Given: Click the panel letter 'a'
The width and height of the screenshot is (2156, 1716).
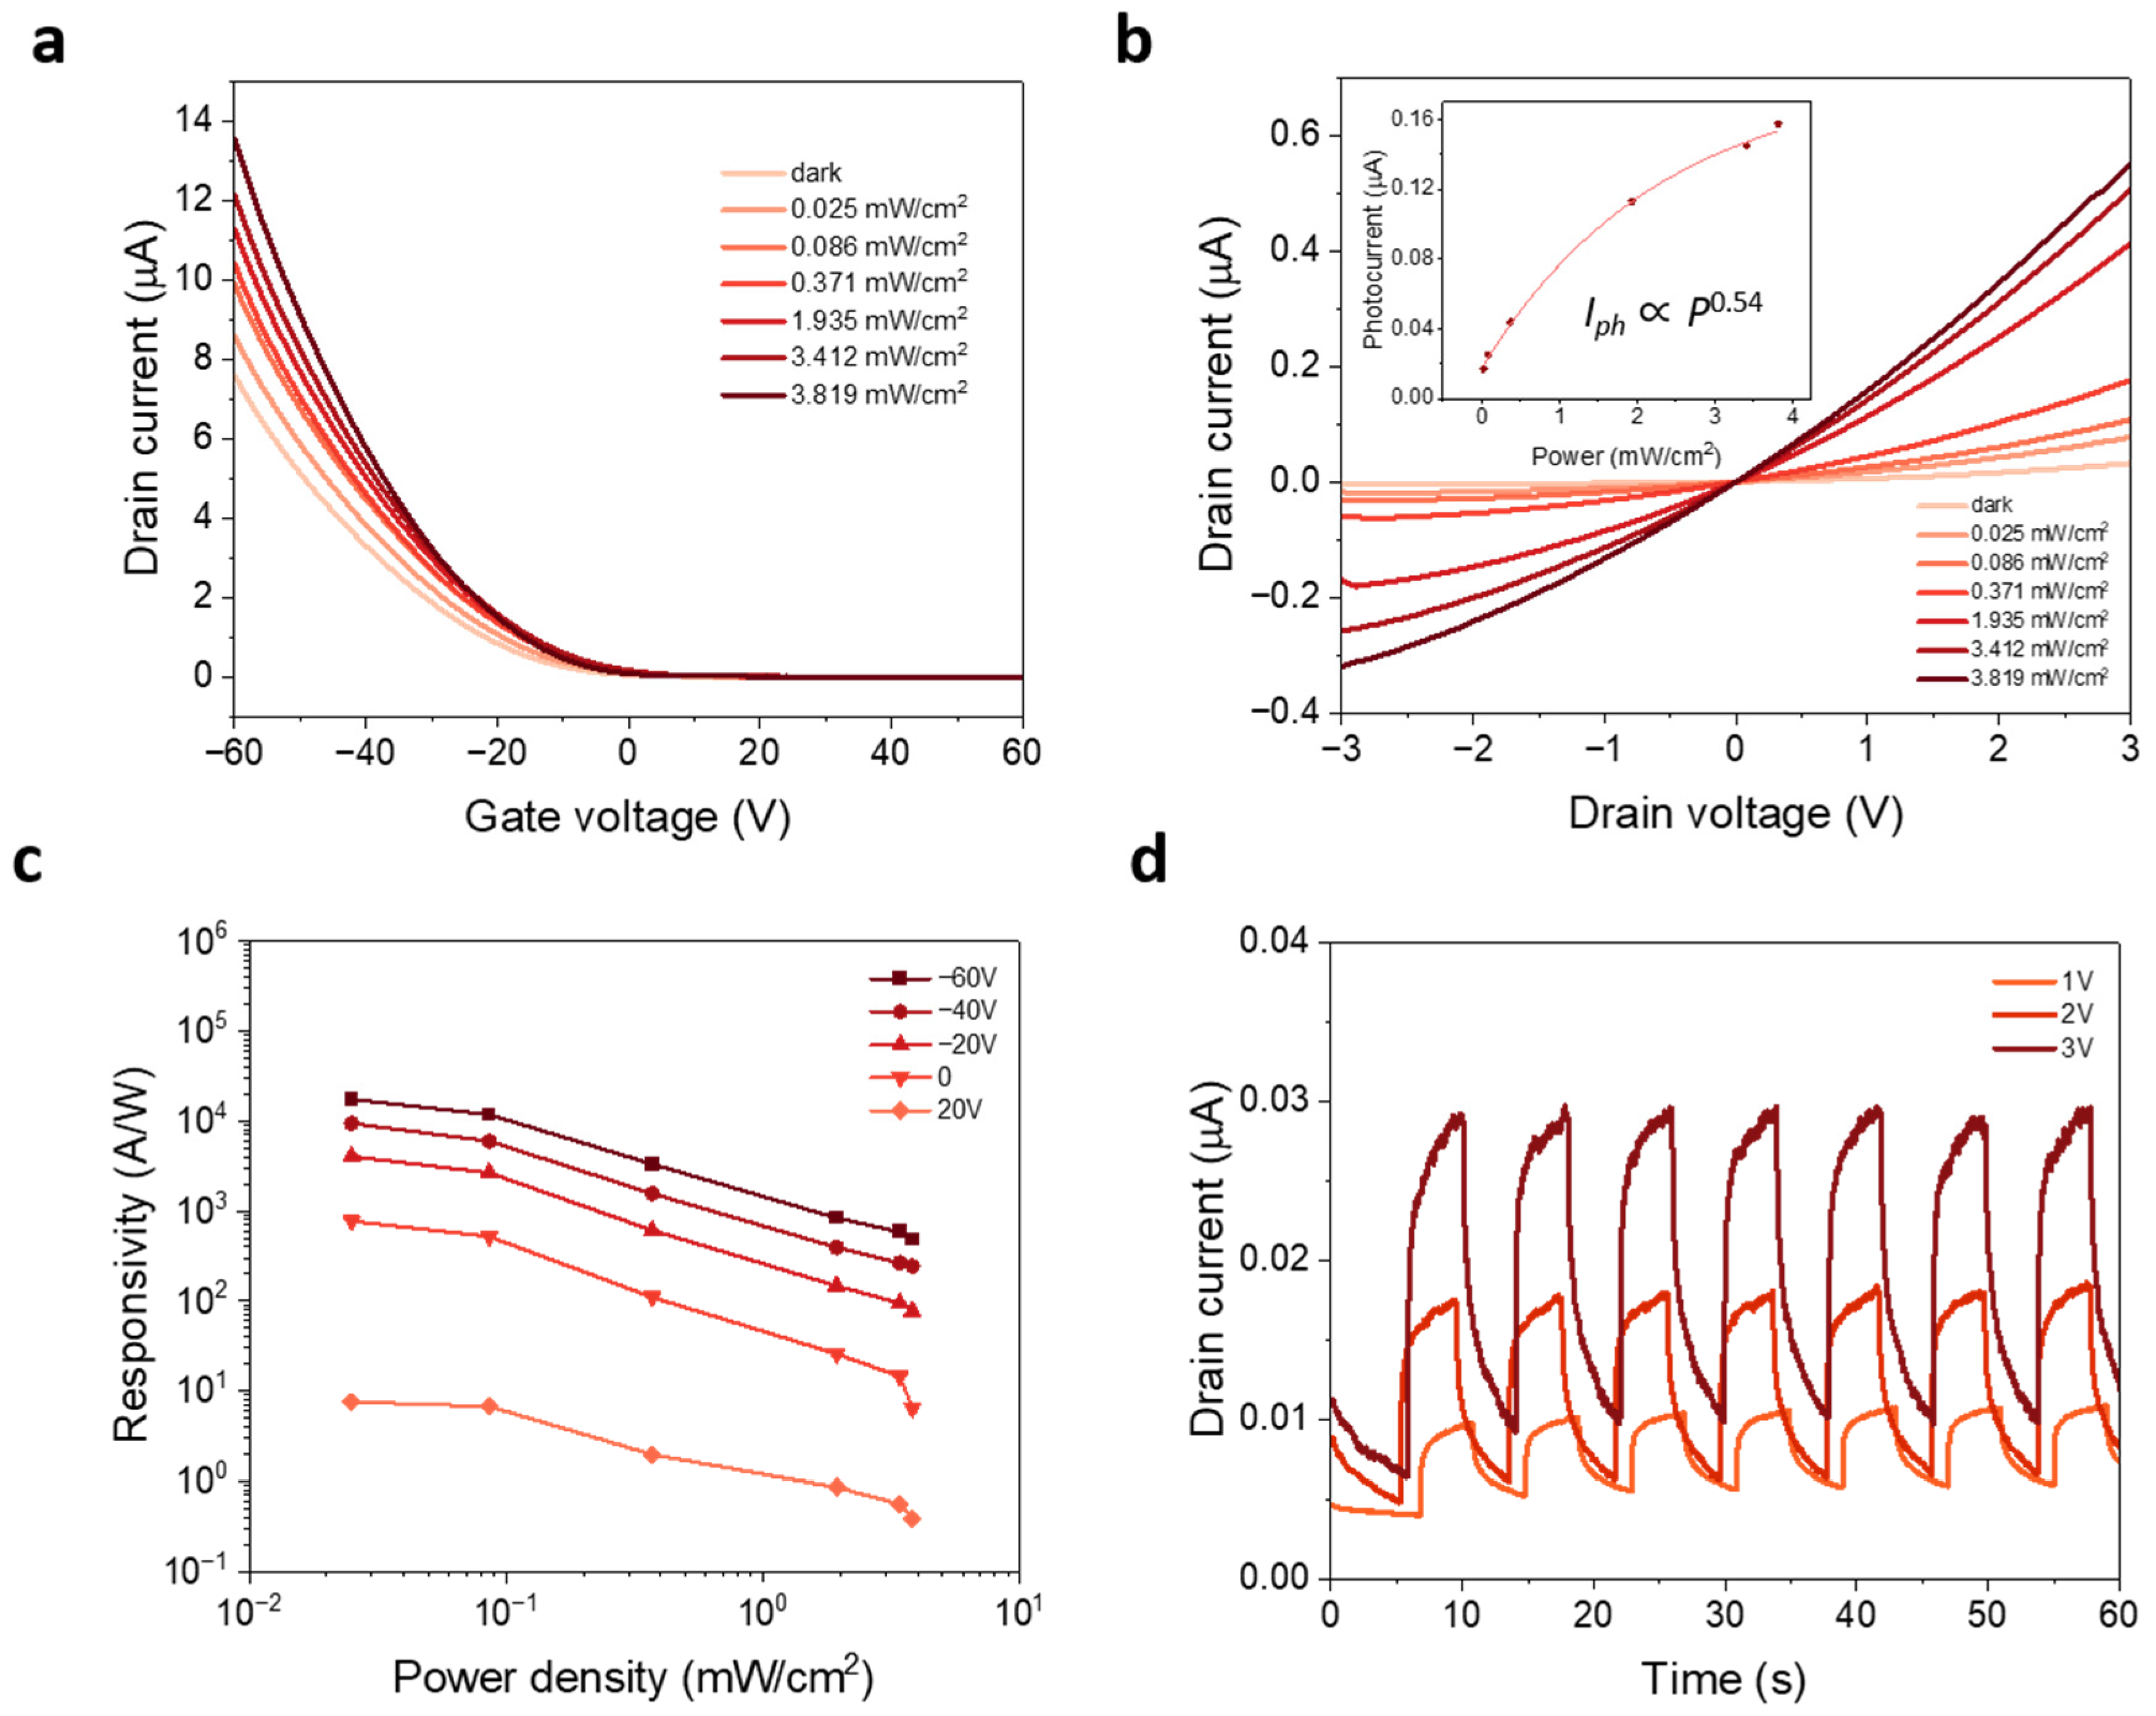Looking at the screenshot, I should pos(48,45).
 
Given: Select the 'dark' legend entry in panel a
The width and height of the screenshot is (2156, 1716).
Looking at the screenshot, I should pos(815,173).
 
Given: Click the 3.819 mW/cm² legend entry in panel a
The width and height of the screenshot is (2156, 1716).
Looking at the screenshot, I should pos(878,394).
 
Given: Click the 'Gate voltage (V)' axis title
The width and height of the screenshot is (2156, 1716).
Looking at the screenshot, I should pos(627,817).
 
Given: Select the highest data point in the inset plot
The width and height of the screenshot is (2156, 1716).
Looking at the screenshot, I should pos(1778,124).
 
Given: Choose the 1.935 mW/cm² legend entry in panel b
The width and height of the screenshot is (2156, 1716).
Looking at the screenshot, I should pos(2038,619).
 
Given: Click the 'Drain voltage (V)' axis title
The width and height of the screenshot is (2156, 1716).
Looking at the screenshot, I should pos(1735,813).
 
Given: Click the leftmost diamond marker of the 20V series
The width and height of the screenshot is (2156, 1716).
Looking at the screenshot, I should pos(351,1402).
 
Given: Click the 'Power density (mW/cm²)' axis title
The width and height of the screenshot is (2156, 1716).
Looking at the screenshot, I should pos(632,1677).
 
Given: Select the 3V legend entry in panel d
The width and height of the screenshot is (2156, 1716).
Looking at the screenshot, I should pos(2076,1047).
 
